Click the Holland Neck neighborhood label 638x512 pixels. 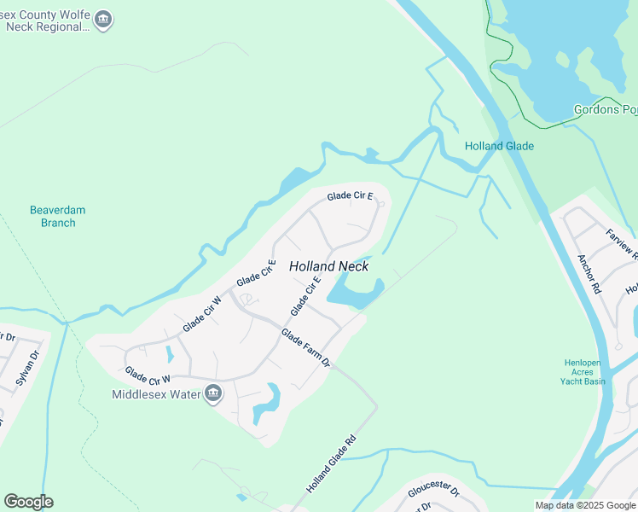click(328, 266)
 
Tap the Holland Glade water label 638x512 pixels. click(499, 146)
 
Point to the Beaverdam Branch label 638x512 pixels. click(58, 216)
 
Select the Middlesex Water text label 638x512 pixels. click(156, 394)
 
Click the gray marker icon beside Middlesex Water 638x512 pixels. click(213, 393)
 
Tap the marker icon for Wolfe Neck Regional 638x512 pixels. click(103, 20)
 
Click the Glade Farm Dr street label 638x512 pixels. click(305, 348)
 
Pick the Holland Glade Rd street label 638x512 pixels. click(330, 465)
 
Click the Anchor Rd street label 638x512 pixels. click(589, 274)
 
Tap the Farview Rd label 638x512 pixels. click(621, 244)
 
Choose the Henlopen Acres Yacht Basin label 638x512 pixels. click(584, 371)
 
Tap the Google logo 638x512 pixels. click(28, 502)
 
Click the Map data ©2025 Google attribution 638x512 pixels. click(585, 505)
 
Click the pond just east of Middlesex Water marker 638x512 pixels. click(267, 402)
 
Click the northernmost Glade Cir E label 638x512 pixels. click(350, 196)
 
